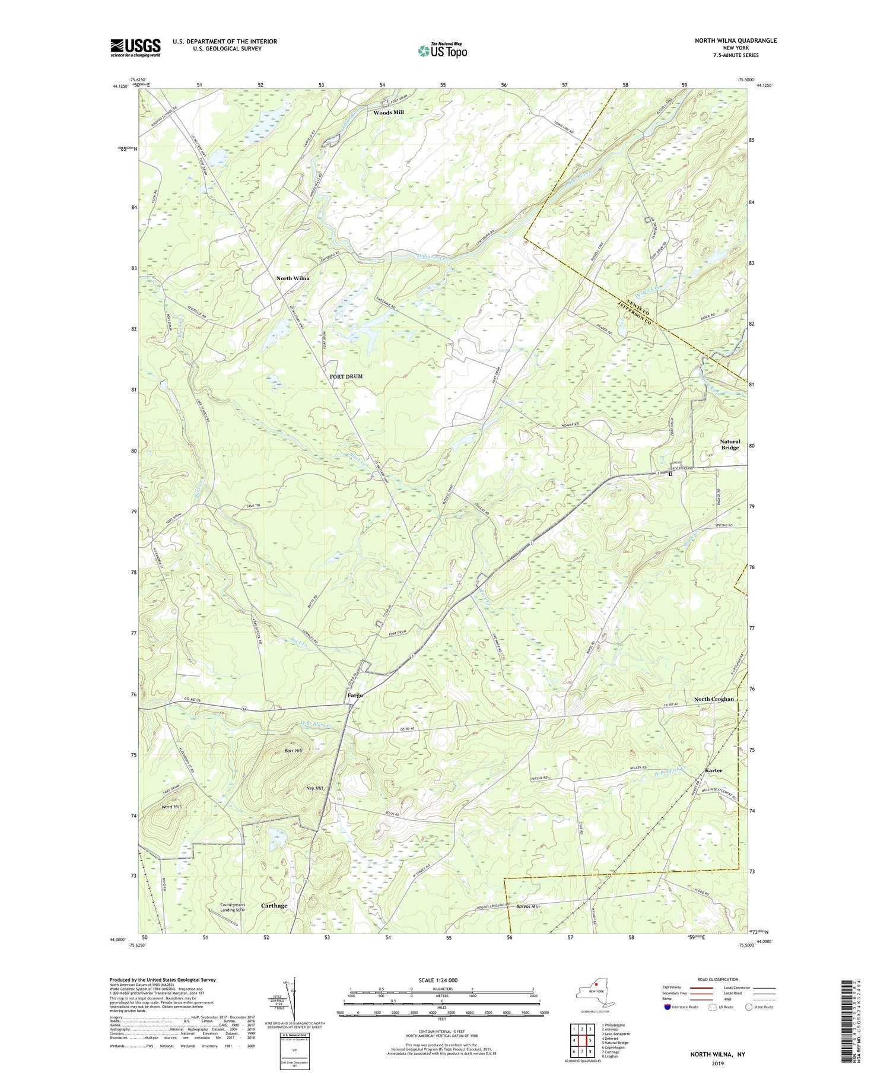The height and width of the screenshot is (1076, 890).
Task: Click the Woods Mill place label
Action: click(392, 112)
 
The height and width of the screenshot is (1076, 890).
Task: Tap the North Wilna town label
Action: click(293, 278)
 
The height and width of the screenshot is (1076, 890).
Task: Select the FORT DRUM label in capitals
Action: click(346, 376)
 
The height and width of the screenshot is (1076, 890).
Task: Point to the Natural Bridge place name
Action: click(730, 445)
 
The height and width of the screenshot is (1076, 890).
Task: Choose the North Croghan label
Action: click(714, 699)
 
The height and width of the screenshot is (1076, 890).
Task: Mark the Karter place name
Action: click(713, 770)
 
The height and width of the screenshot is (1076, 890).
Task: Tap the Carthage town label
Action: click(274, 906)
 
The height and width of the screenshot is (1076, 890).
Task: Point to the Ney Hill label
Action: click(314, 788)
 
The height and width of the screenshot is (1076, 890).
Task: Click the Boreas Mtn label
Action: click(527, 907)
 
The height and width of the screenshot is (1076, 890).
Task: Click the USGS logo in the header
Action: click(135, 47)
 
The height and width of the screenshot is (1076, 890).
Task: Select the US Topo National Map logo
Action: click(443, 50)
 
